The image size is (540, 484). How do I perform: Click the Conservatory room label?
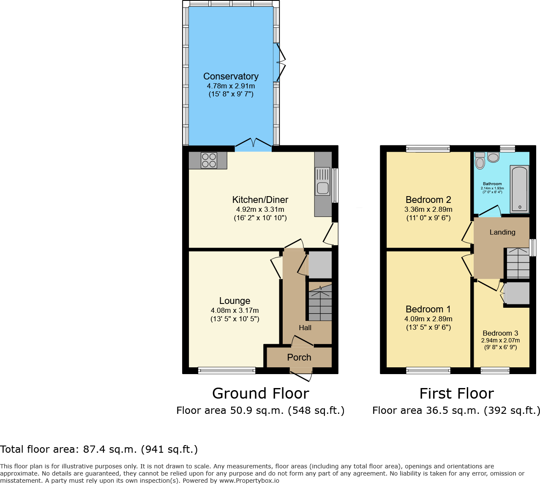coord(231,77)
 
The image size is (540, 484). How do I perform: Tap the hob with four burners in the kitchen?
coord(209,160)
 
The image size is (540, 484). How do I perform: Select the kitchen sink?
coord(323,182)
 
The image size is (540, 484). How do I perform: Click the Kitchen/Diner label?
coord(260,200)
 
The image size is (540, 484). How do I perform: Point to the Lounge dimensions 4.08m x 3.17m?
coord(235,310)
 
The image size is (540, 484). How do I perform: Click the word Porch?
coord(299,358)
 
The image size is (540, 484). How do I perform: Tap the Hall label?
coord(305,328)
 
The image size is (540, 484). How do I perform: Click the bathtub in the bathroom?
coord(519,189)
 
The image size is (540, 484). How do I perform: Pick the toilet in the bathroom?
coord(480,161)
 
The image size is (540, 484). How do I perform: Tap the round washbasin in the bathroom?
coord(493,157)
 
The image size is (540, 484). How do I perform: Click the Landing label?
coord(502,232)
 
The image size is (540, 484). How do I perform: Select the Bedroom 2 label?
coord(428,200)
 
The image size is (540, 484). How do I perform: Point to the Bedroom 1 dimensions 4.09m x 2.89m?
coord(428,319)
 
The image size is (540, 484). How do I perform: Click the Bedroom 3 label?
coord(500,334)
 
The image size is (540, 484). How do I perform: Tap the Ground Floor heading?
coord(261,394)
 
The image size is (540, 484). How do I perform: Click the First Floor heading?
coord(457,394)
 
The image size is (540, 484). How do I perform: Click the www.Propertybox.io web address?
coord(249,481)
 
